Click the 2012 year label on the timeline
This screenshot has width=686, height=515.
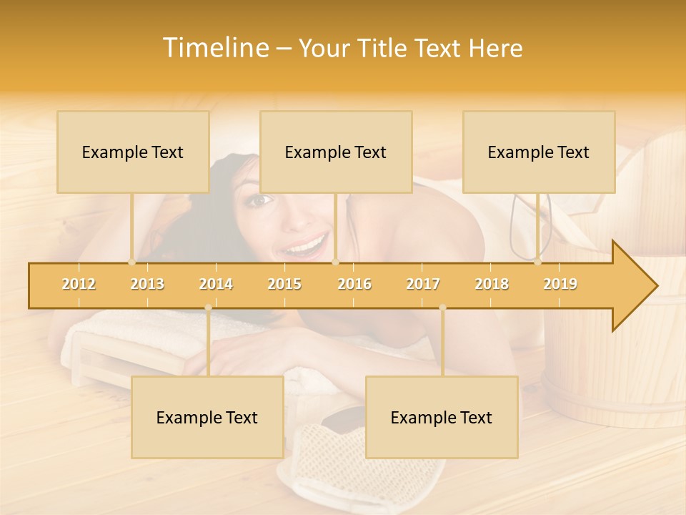79,284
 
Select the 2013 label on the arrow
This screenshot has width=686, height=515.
147,284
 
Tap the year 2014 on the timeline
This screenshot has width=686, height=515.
216,284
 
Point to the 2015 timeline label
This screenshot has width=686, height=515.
284,284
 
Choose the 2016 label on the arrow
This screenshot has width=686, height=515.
354,284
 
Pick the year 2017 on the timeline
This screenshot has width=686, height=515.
423,284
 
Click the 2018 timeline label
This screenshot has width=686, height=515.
492,284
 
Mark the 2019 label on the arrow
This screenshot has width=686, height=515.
560,284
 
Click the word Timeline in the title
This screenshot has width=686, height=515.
214,48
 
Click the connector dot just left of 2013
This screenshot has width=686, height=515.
131,263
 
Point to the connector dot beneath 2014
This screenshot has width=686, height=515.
208,308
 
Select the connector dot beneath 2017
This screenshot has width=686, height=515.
442,308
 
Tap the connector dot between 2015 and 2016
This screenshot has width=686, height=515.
335,263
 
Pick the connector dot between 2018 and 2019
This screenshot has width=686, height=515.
538,263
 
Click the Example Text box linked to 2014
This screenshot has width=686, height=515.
207,417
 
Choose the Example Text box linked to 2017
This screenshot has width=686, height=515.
442,417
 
